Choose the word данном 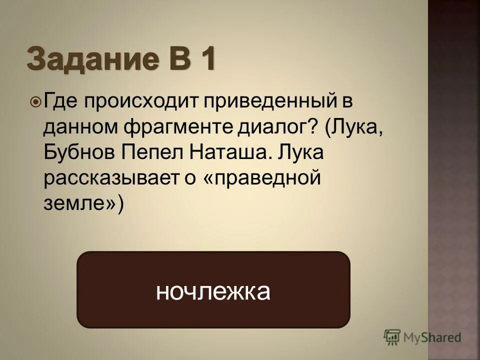tap(79, 128)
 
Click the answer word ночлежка tap(213, 291)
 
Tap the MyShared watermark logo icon tap(392, 336)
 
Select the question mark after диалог tap(311, 128)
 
